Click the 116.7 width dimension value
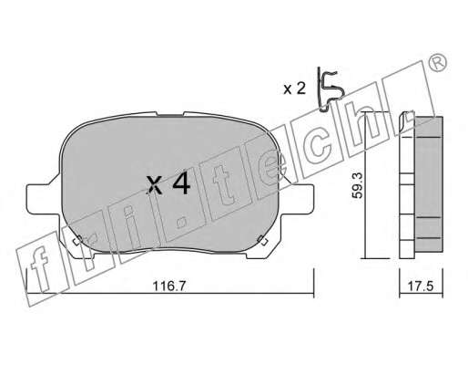(168, 287)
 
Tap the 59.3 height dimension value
(358, 185)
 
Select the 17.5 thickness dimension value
(421, 287)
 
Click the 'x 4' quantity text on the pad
(168, 184)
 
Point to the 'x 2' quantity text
(294, 89)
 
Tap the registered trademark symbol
(437, 63)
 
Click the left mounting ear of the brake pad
(43, 198)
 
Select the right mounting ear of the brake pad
(299, 198)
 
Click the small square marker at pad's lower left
(77, 240)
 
